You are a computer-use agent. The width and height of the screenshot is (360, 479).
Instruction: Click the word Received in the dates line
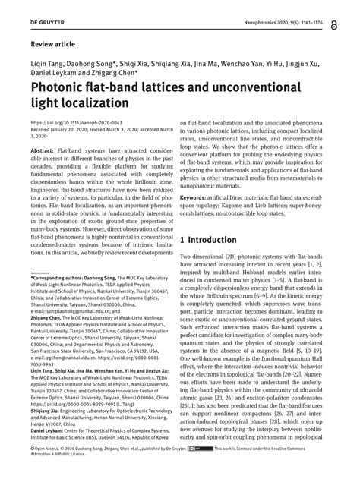click(x=41, y=128)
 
